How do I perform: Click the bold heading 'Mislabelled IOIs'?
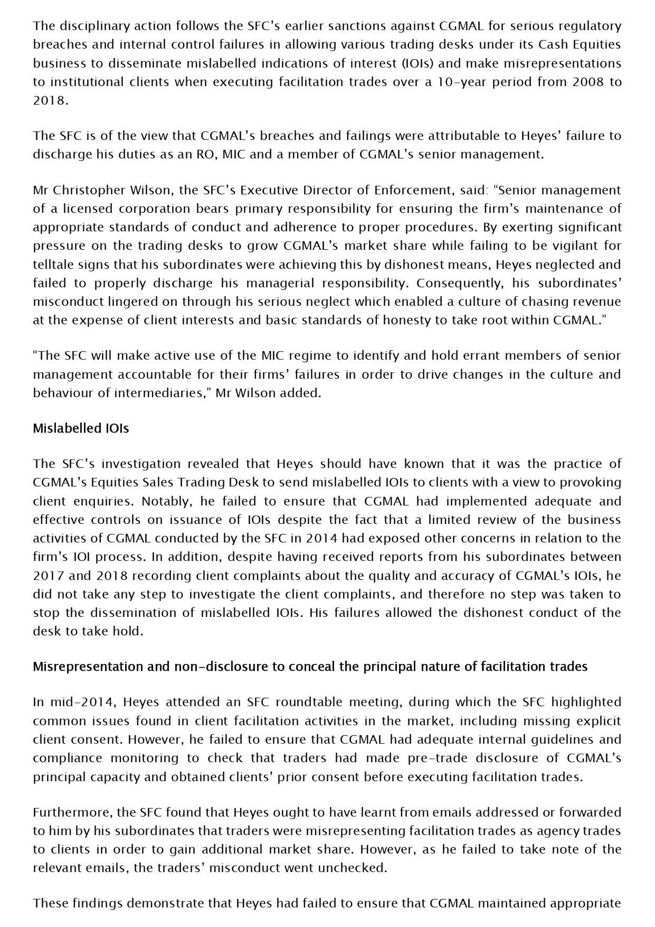pos(81,428)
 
